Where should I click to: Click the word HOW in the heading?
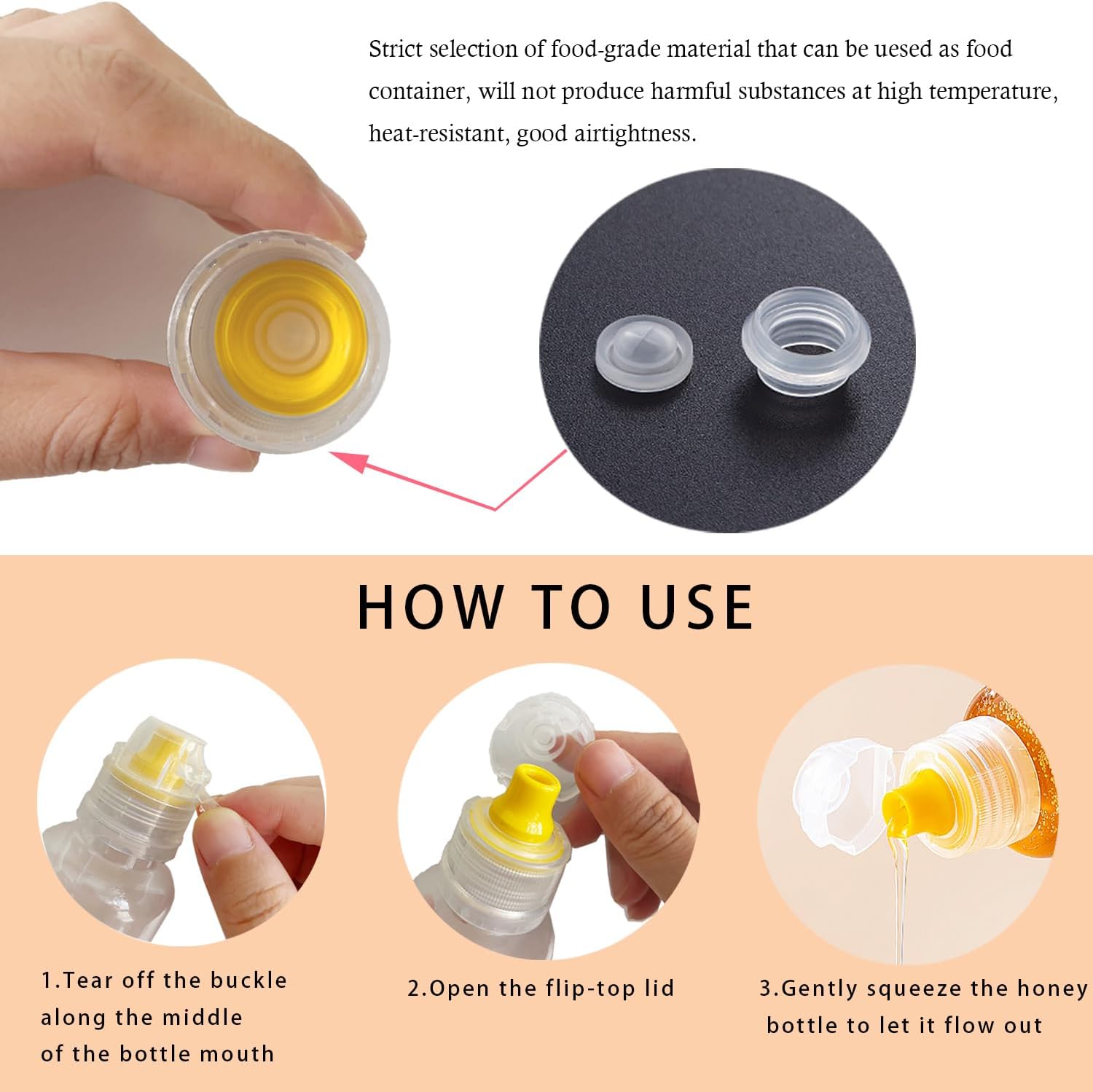(x=429, y=607)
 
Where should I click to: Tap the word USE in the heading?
(x=697, y=607)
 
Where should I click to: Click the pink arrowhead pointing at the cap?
(x=349, y=460)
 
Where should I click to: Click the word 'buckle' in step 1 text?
(x=248, y=981)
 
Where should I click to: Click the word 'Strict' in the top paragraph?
(x=396, y=49)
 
